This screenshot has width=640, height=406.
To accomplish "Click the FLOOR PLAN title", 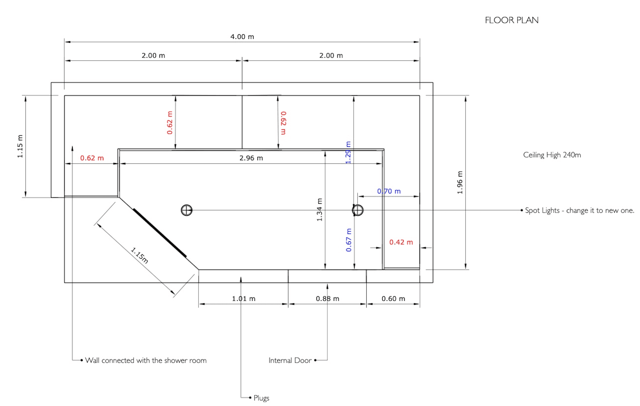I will (511, 20).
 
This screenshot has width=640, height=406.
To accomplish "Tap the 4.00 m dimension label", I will (242, 37).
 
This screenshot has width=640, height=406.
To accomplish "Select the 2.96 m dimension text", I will (251, 158).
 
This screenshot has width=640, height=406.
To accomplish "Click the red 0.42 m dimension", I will (401, 242).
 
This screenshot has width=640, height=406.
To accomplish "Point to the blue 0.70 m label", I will (389, 191).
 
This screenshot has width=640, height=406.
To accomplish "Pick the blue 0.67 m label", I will (349, 240).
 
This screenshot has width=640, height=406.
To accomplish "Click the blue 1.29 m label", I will (348, 153).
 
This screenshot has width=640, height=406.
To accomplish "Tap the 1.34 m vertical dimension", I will (320, 210).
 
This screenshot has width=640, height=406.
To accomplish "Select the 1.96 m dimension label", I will (460, 183).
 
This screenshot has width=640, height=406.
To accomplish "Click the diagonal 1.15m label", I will (140, 255).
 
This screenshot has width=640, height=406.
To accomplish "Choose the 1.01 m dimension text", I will (243, 299).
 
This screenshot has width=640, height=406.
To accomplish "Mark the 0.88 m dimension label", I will (327, 299).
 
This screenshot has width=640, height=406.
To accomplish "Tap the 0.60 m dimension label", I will (393, 299).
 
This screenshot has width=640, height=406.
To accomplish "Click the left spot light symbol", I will (186, 210).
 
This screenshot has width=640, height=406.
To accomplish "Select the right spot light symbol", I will (357, 210).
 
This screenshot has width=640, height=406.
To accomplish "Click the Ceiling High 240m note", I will (552, 155).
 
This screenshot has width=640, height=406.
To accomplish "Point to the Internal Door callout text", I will (290, 360).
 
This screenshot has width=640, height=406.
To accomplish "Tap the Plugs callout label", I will (261, 398).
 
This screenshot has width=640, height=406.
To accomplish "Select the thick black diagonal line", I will (160, 233).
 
